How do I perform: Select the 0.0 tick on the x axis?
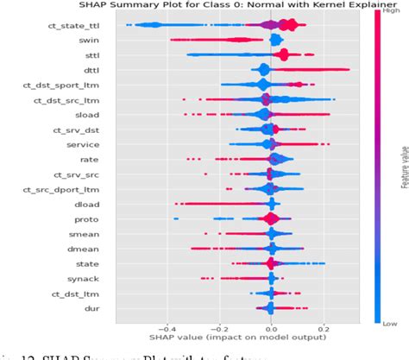(x=272, y=327)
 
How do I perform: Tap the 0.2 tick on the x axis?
(x=324, y=327)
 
